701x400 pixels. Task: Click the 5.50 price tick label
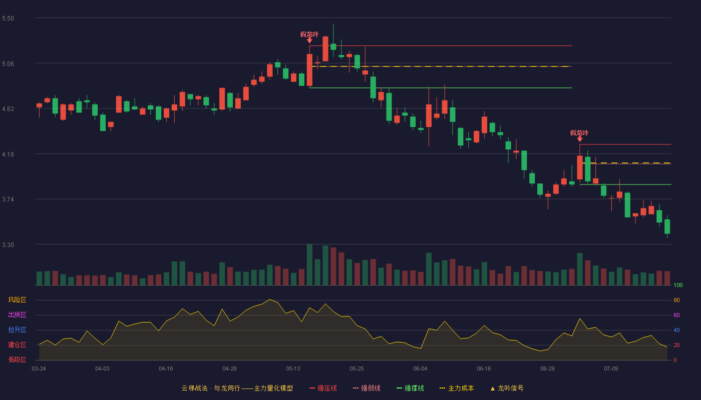click(x=8, y=18)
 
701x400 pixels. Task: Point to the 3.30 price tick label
click(x=8, y=245)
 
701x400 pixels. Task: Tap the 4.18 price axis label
click(x=8, y=154)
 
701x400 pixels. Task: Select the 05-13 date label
click(x=293, y=369)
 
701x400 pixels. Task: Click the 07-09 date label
click(x=611, y=369)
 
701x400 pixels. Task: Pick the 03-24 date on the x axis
click(x=39, y=369)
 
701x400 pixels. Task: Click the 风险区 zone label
click(x=17, y=300)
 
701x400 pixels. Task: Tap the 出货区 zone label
click(x=17, y=314)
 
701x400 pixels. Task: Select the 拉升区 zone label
click(x=17, y=329)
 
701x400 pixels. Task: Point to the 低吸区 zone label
click(x=17, y=359)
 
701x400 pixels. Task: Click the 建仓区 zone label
click(x=17, y=344)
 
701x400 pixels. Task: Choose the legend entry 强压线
click(x=323, y=388)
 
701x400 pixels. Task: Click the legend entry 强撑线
click(x=410, y=388)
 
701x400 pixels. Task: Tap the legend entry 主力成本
click(x=457, y=388)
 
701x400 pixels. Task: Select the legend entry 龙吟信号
click(x=507, y=388)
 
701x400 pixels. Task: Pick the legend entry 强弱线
click(x=367, y=388)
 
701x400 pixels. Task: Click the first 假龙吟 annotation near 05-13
click(x=309, y=34)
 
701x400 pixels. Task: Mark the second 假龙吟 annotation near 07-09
click(x=579, y=133)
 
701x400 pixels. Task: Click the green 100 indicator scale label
click(x=678, y=285)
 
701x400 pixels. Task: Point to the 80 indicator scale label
click(x=676, y=300)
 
